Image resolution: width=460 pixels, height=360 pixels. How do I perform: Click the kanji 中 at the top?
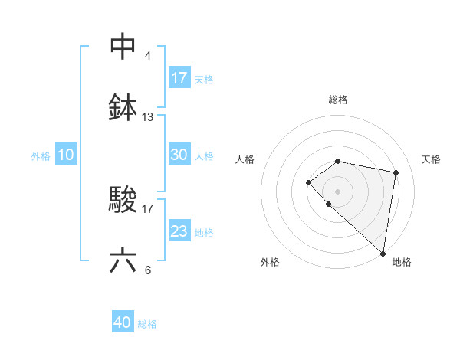(123, 47)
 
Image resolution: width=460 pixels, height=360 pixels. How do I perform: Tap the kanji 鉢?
(123, 108)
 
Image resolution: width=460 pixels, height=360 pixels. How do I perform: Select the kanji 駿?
(123, 200)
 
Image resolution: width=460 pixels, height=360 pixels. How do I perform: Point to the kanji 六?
(123, 261)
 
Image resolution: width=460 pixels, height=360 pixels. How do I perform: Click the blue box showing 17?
(179, 78)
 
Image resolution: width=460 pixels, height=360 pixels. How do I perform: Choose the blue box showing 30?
(179, 155)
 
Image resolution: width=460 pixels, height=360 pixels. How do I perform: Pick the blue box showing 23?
(179, 231)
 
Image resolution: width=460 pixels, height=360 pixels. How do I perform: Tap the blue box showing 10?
(66, 155)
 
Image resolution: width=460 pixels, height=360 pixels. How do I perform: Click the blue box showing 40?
(123, 322)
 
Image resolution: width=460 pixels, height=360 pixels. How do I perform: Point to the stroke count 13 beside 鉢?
(148, 117)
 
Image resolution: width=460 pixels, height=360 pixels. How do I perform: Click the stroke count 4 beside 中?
(147, 56)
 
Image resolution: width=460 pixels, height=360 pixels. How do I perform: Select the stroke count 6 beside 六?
(147, 270)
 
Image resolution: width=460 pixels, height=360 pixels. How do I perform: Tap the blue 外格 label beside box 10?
(41, 155)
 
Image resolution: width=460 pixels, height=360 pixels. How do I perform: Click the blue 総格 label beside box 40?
(147, 324)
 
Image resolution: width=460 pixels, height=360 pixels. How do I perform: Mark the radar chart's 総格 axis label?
(337, 100)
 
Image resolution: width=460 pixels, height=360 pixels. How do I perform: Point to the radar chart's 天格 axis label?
(431, 159)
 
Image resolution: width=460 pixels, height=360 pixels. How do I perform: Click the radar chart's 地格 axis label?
(402, 262)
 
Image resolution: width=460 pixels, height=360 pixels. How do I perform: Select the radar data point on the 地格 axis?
(383, 253)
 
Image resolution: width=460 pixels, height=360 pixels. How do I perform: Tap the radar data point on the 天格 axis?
(396, 172)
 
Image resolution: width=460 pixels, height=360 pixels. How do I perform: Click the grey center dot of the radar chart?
(337, 191)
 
